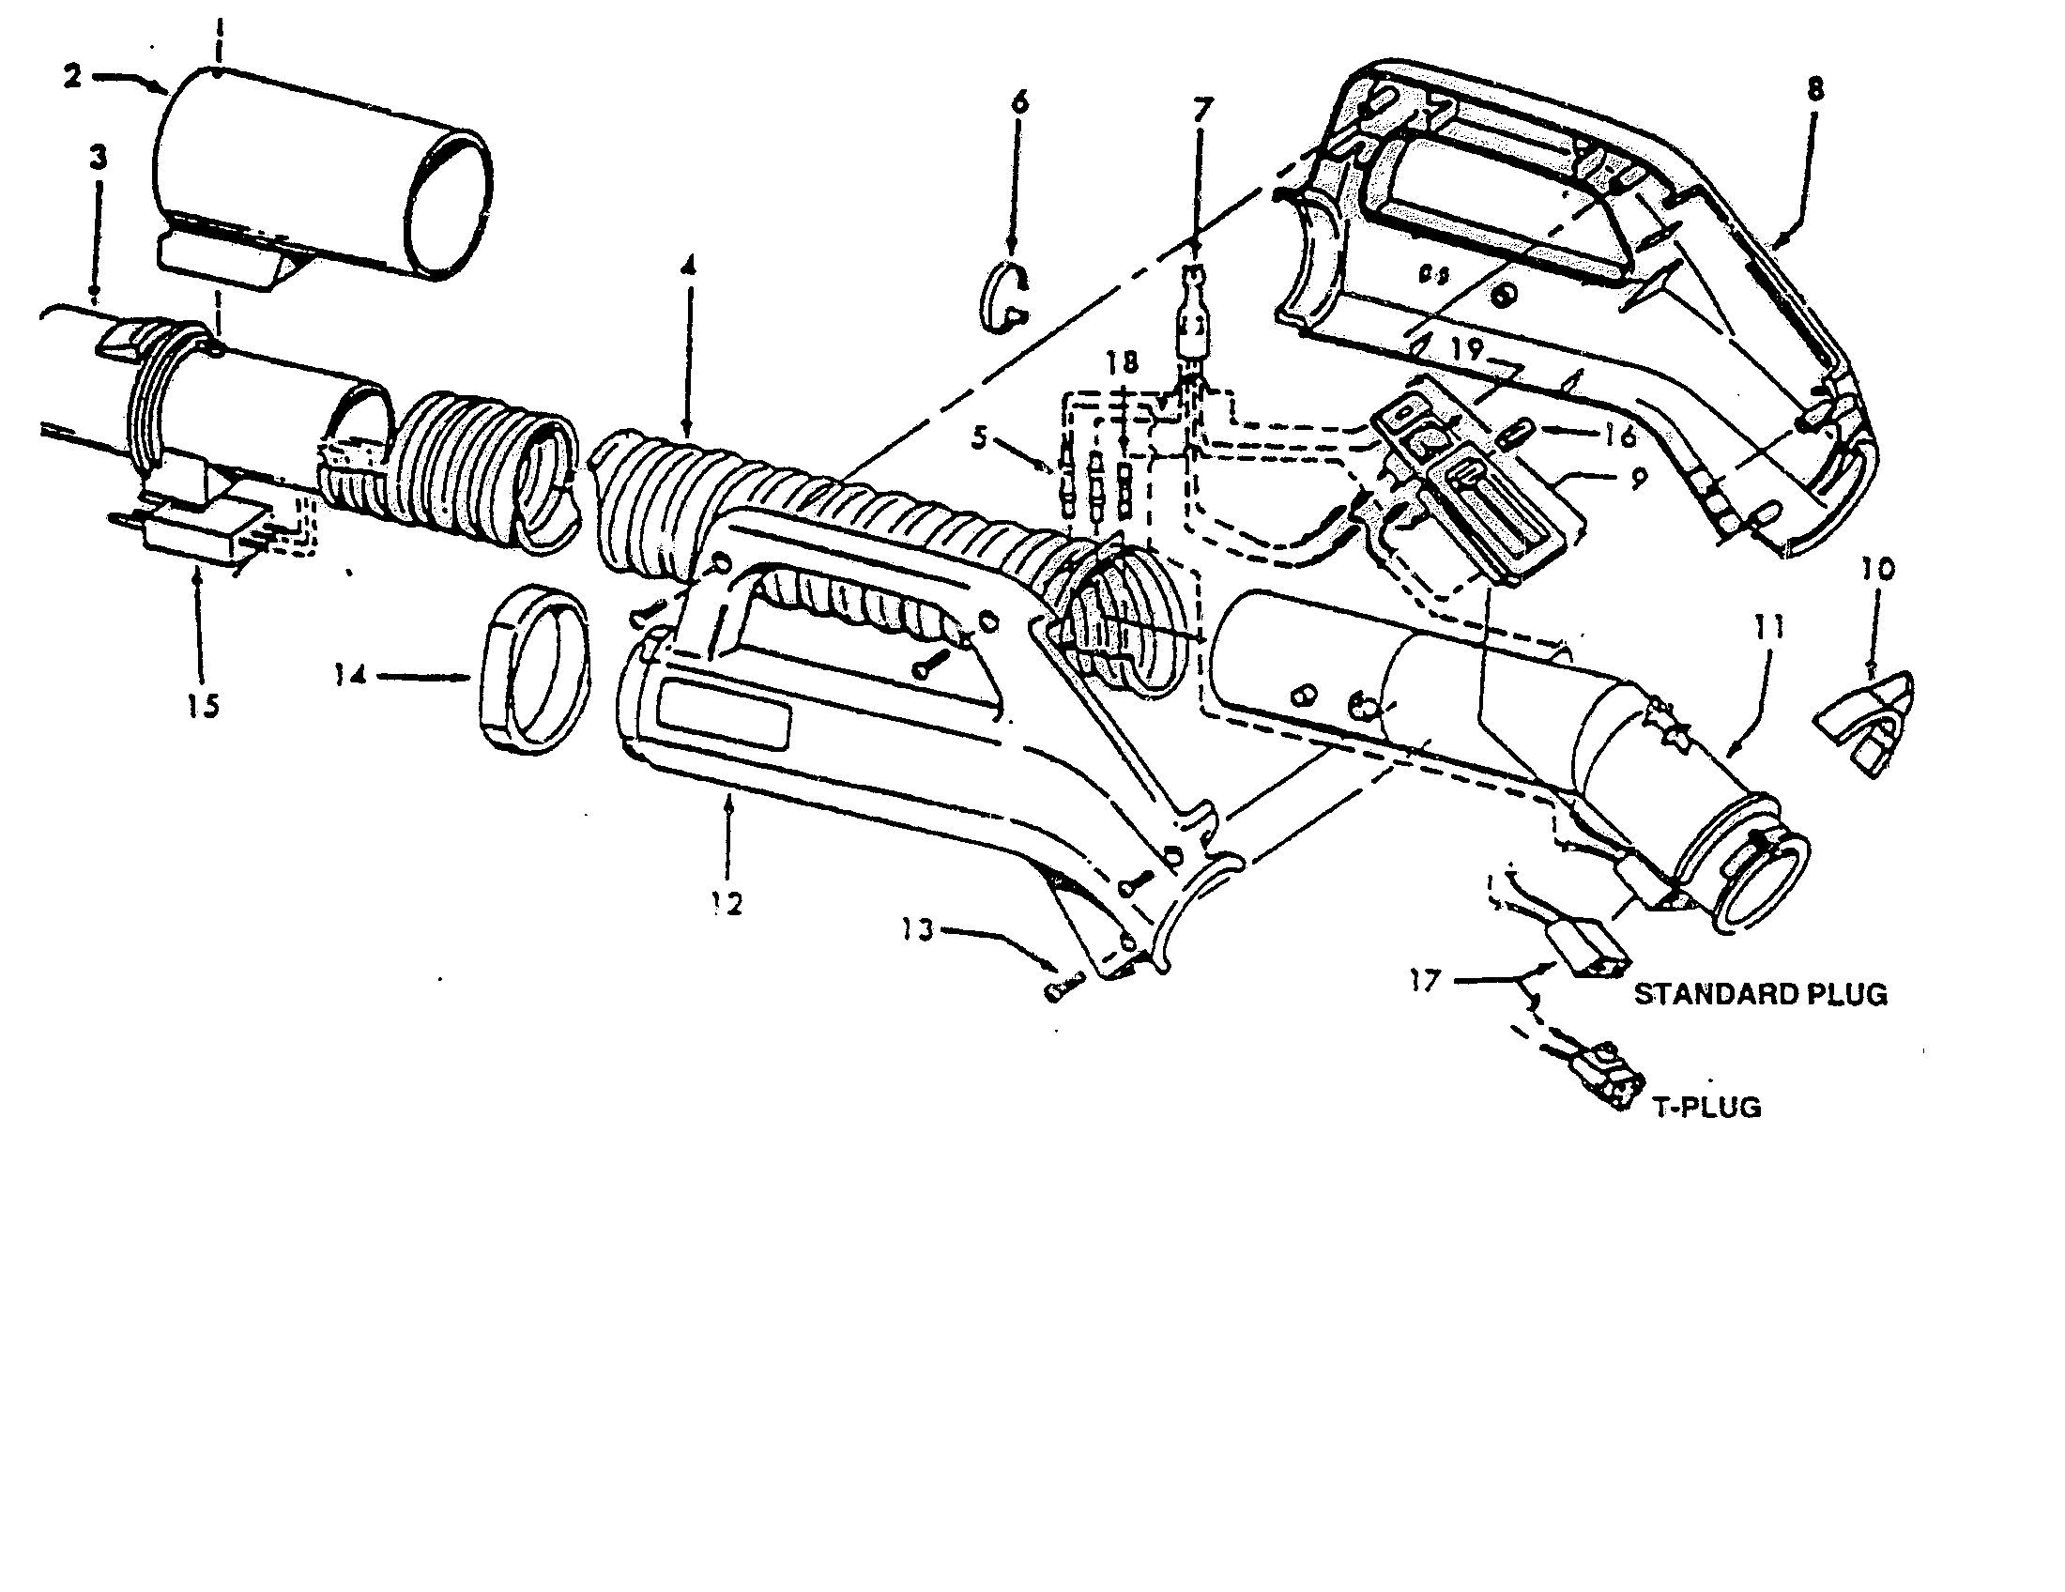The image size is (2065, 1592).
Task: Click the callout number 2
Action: (x=73, y=77)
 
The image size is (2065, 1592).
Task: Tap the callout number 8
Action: (x=1814, y=90)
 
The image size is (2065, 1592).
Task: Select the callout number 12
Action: (x=728, y=903)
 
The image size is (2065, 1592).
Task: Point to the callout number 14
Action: (x=350, y=677)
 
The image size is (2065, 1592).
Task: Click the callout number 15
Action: (x=203, y=705)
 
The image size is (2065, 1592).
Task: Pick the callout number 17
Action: (x=1424, y=980)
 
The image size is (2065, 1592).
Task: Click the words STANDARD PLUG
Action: (x=1761, y=994)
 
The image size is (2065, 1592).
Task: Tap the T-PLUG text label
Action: (x=1706, y=1107)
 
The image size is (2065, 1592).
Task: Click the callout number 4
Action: (x=687, y=267)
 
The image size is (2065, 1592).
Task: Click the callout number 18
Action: (x=1124, y=363)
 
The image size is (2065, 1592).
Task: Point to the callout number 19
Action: (x=1466, y=350)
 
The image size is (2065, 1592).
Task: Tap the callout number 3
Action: (x=99, y=159)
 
